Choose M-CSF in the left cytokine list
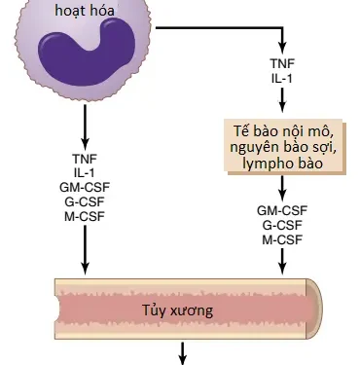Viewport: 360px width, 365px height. click(86, 215)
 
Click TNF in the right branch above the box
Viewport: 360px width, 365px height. click(282, 63)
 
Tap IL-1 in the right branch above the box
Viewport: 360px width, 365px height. click(282, 78)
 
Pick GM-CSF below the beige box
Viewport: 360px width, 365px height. click(282, 209)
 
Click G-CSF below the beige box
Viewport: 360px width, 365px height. click(282, 224)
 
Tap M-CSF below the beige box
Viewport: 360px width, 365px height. click(282, 238)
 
